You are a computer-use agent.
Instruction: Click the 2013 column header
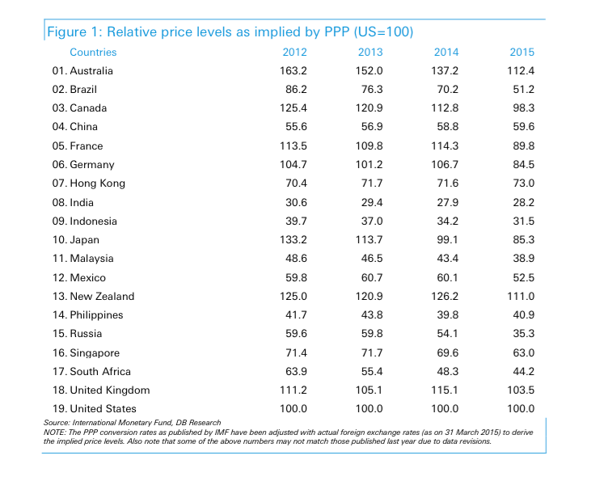(369, 53)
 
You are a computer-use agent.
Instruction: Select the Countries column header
(93, 53)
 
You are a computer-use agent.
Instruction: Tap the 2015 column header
(522, 53)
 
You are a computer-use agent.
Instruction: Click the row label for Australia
(82, 71)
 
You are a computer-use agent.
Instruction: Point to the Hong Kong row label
(88, 184)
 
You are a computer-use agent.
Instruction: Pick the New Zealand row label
(93, 297)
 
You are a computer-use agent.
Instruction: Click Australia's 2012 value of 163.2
(293, 71)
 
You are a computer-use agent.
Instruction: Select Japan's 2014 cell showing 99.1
(446, 240)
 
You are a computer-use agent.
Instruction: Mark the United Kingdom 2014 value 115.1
(446, 390)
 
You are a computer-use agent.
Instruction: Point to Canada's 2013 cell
(369, 108)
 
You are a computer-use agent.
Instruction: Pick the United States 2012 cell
(293, 409)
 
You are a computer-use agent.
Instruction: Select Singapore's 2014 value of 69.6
(446, 352)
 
